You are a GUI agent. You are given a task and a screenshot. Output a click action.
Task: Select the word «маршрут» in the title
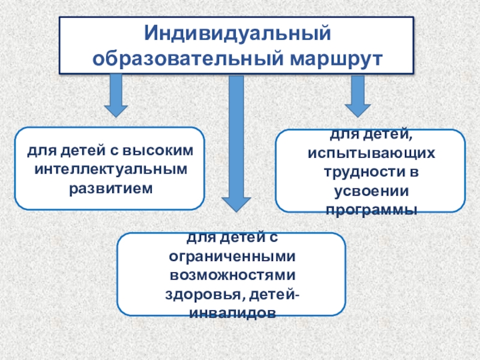click(x=337, y=58)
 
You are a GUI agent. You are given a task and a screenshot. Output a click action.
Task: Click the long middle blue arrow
click(x=236, y=138)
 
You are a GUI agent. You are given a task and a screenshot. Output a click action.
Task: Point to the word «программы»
click(x=370, y=209)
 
